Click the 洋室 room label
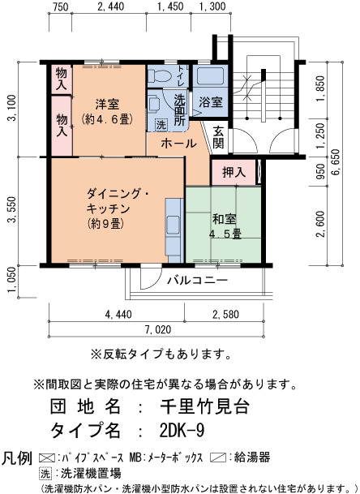pyautogui.click(x=107, y=104)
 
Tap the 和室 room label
pyautogui.click(x=224, y=219)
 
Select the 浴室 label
pyautogui.click(x=211, y=102)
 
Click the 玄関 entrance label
pyautogui.click(x=218, y=137)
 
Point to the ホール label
pyautogui.click(x=178, y=144)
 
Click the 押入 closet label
pyautogui.click(x=234, y=172)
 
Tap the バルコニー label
pyautogui.click(x=198, y=280)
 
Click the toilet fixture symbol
pyautogui.click(x=160, y=75)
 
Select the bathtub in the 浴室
pyautogui.click(x=210, y=76)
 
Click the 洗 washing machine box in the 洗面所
pyautogui.click(x=161, y=125)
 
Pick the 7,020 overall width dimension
pyautogui.click(x=158, y=329)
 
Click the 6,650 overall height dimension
pyautogui.click(x=336, y=162)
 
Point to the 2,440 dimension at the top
pyautogui.click(x=110, y=6)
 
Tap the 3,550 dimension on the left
pyautogui.click(x=12, y=209)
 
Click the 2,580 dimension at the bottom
pyautogui.click(x=225, y=314)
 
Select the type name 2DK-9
pyautogui.click(x=182, y=430)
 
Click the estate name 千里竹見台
pyautogui.click(x=205, y=406)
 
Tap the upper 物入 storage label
pyautogui.click(x=62, y=79)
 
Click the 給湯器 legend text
pyautogui.click(x=252, y=457)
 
